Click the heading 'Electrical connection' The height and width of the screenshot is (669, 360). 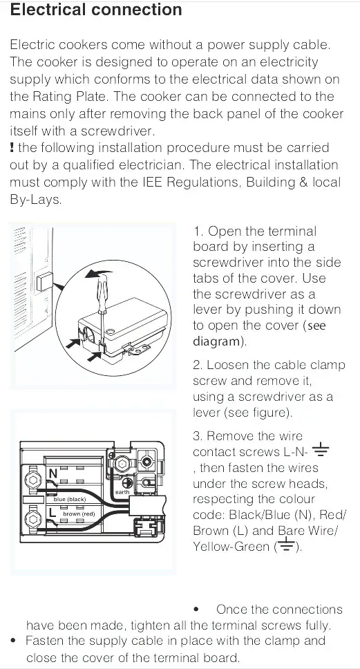pos(97,10)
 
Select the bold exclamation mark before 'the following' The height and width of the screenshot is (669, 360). pos(12,148)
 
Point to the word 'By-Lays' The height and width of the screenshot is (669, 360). pos(36,200)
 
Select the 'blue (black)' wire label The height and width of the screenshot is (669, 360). pos(70,499)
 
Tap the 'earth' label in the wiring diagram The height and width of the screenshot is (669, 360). pos(122,491)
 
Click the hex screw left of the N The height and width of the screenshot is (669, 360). pos(32,479)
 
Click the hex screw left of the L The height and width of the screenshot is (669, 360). pos(32,518)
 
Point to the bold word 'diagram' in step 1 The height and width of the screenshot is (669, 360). pos(216,341)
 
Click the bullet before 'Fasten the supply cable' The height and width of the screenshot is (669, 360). pos(14,641)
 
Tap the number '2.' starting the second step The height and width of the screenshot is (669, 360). pos(198,365)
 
